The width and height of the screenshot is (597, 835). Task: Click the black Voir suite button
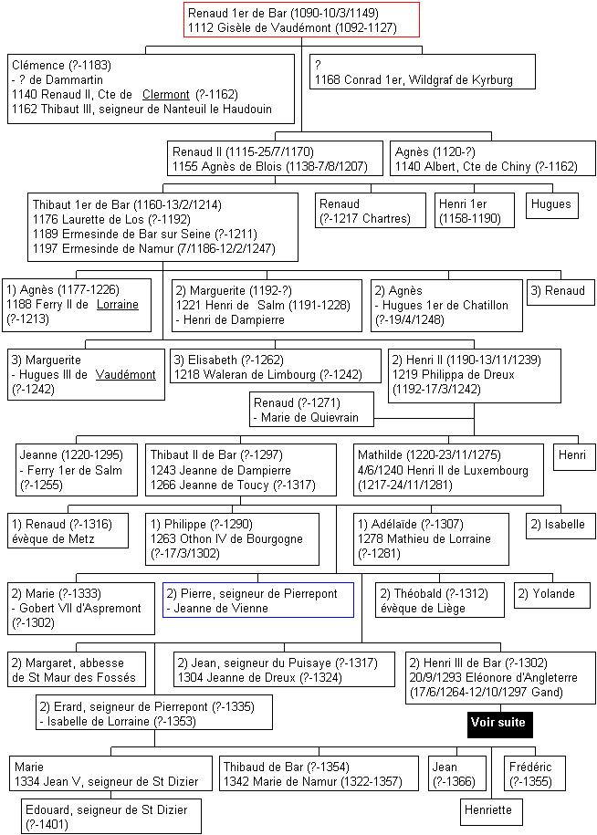(x=500, y=724)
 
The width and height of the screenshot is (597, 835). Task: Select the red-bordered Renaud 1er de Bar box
(x=301, y=20)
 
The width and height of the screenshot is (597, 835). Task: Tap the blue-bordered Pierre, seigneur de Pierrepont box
(x=258, y=600)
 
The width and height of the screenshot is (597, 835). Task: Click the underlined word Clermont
(x=165, y=95)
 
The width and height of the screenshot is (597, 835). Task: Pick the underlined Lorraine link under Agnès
(x=117, y=305)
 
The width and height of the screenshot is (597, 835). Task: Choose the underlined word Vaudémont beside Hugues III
(x=126, y=374)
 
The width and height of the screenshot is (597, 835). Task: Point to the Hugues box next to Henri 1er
(x=551, y=205)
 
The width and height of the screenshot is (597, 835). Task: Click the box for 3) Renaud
(x=560, y=292)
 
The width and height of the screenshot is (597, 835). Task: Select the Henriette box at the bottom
(x=491, y=811)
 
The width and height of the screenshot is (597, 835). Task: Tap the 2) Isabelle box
(x=560, y=526)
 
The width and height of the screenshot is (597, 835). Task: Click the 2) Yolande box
(x=551, y=595)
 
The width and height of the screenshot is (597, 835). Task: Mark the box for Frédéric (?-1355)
(x=535, y=774)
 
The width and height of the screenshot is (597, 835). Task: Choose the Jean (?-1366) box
(x=457, y=774)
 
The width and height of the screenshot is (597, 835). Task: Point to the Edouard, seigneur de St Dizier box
(x=111, y=817)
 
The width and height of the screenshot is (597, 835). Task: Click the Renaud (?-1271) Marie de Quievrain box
(x=311, y=410)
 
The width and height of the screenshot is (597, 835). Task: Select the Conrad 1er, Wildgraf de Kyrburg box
(x=423, y=72)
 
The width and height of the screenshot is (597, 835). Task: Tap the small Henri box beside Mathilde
(x=574, y=457)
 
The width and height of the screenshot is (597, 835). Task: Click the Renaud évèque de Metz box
(x=68, y=530)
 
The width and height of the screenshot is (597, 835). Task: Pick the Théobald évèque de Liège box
(x=440, y=600)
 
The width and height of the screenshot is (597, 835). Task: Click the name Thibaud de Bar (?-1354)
(x=287, y=767)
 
